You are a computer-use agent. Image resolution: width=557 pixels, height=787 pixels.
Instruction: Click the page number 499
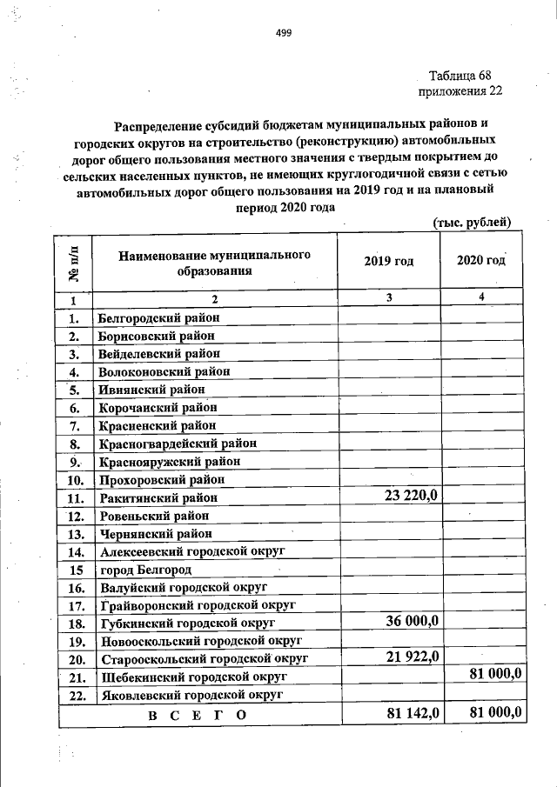283,33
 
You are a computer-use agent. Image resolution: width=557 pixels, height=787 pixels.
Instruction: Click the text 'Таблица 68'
462,75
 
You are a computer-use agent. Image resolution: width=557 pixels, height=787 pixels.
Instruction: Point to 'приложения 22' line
460,90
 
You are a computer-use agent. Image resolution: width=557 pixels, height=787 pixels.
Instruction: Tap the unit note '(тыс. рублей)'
478,223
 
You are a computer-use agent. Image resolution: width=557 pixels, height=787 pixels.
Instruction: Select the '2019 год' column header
389,262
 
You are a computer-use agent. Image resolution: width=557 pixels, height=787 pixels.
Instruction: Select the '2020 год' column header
481,262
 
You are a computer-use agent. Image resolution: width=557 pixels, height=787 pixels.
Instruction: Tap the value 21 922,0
414,657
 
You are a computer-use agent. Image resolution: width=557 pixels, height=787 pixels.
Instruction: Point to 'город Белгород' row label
145,570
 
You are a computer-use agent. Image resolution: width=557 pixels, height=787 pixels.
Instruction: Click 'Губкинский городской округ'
187,624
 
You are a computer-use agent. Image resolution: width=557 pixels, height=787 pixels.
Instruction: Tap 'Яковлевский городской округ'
191,695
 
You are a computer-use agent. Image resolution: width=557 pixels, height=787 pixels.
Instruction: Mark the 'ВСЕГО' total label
198,715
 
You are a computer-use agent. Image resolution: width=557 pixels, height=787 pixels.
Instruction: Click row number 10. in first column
75,480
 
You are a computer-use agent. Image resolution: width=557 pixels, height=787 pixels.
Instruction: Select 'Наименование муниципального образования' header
215,262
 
